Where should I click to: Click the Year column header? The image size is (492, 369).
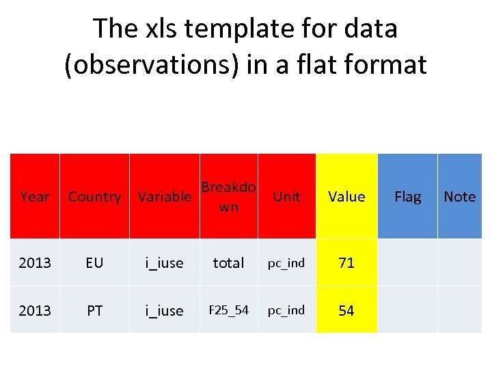click(35, 197)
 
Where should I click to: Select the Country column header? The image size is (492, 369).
click(94, 197)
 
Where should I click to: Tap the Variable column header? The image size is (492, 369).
click(164, 197)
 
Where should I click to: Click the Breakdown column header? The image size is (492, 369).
click(228, 196)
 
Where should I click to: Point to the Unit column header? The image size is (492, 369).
click(286, 197)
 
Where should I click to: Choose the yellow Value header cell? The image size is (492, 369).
click(346, 197)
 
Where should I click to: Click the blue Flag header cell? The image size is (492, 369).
click(407, 197)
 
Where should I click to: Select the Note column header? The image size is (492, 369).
click(459, 197)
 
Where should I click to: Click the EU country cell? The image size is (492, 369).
click(94, 262)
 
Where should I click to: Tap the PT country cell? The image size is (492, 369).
click(94, 310)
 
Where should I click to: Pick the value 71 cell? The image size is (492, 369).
click(346, 262)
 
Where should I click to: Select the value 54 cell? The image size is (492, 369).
click(346, 310)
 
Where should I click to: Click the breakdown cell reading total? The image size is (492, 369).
click(228, 262)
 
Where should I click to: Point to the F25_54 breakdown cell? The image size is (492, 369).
click(228, 310)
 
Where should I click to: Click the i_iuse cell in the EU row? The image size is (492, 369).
click(164, 262)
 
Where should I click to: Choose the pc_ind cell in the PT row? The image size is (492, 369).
click(286, 310)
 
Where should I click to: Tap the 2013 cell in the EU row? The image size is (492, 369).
click(35, 262)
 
